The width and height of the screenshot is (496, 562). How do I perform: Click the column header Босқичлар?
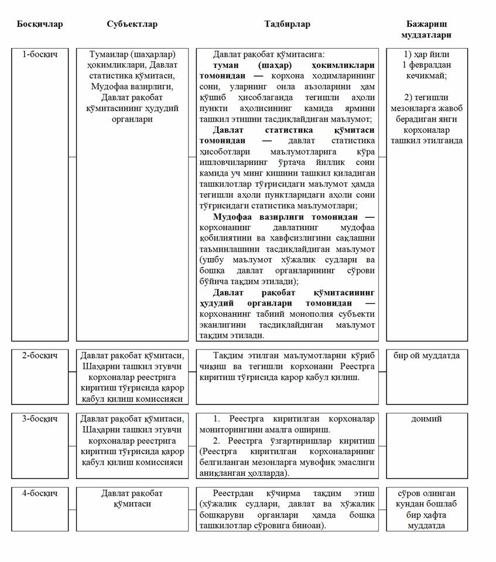tap(40, 25)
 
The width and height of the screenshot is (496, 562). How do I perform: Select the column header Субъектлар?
tap(132, 25)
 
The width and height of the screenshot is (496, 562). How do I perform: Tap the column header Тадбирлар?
tap(287, 25)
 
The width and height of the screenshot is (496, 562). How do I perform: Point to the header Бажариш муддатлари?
tap(427, 30)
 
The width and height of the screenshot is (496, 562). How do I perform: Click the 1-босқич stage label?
tap(40, 54)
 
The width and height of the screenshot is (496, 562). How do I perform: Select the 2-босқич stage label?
tap(40, 355)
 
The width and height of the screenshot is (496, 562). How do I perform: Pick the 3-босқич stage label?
tap(40, 419)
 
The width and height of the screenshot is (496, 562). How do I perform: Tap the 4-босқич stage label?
tap(40, 493)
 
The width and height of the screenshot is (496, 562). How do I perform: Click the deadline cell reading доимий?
tap(426, 419)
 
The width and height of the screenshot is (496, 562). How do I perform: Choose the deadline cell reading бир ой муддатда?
tap(426, 355)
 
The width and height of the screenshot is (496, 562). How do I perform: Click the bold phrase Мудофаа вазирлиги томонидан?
tap(286, 217)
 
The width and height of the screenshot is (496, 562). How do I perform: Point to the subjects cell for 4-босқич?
tap(132, 498)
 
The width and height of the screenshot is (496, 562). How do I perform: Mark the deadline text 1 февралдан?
tap(426, 65)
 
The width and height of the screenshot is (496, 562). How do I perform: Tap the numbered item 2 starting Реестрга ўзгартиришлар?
tap(293, 441)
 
